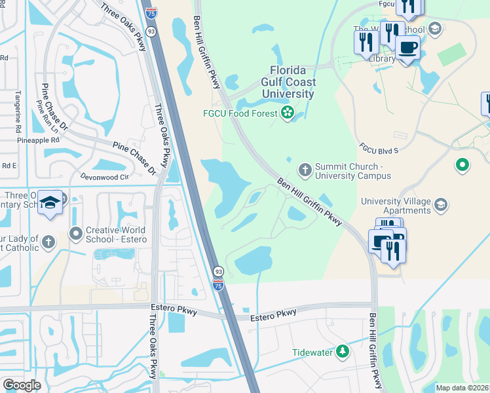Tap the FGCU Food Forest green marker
[x=287, y=114]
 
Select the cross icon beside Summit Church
[x=305, y=170]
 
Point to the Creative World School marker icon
[x=77, y=233]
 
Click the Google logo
[x=22, y=385]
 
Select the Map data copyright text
[x=462, y=388]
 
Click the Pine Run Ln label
[x=48, y=115]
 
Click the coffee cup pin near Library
[x=407, y=48]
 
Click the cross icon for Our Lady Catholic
[x=48, y=243]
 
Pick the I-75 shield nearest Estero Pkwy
[x=217, y=286]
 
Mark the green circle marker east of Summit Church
[x=462, y=165]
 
